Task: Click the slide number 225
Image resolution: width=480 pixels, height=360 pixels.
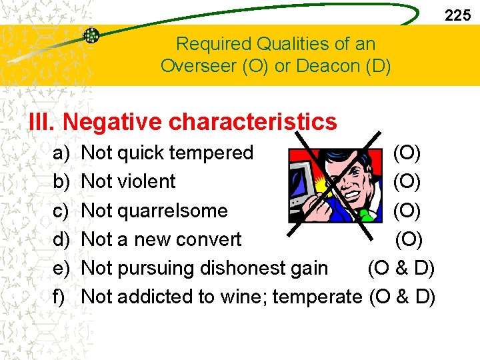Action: point(457,15)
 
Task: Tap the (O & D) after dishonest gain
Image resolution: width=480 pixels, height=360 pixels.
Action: point(401,267)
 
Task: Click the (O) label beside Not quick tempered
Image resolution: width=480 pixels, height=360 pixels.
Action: point(407,153)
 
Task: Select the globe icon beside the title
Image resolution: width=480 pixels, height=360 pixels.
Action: point(91,35)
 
